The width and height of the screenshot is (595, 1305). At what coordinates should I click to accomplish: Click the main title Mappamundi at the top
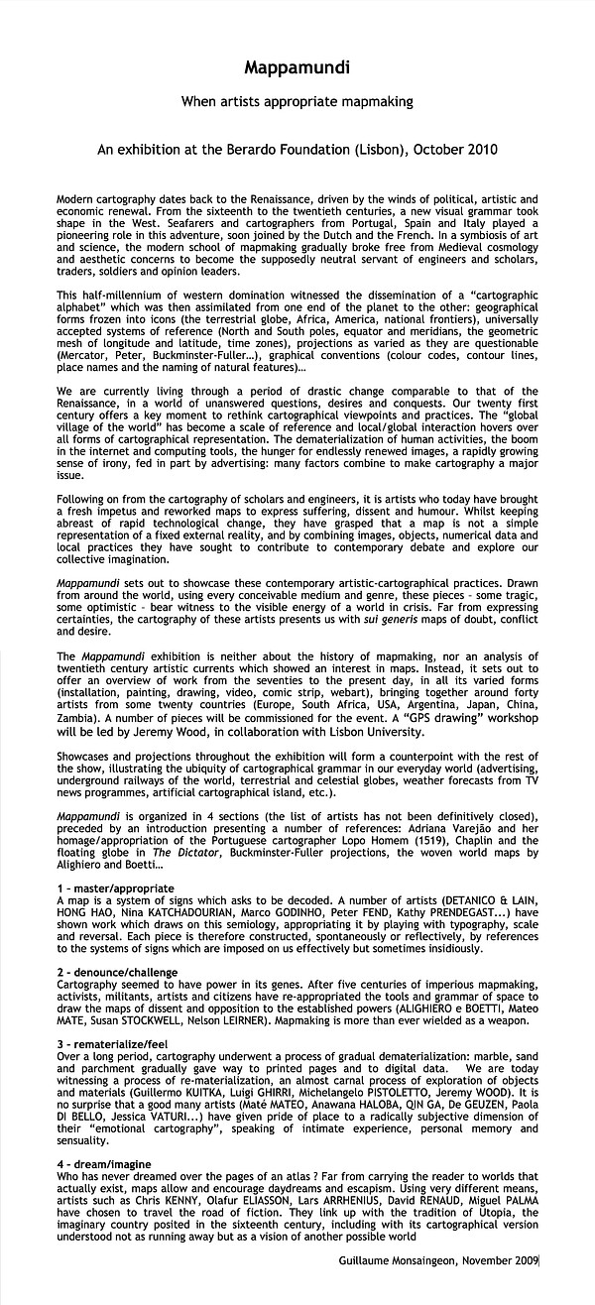click(x=297, y=68)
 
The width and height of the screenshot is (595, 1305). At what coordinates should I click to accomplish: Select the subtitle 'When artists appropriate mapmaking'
click(x=297, y=101)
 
